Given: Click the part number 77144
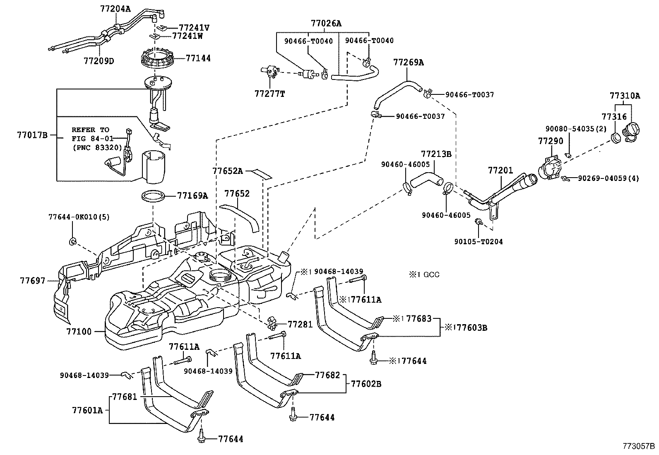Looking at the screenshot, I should pyautogui.click(x=198, y=58).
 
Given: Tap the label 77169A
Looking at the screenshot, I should pyautogui.click(x=192, y=195).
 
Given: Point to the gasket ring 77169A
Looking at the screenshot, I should pyautogui.click(x=155, y=195).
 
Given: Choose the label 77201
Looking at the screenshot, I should pyautogui.click(x=500, y=170).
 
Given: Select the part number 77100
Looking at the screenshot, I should pyautogui.click(x=79, y=332).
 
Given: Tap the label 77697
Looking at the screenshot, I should pyautogui.click(x=33, y=281).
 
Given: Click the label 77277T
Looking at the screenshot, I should pyautogui.click(x=270, y=94).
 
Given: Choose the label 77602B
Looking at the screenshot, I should pyautogui.click(x=366, y=384).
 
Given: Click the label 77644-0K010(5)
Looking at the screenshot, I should pyautogui.click(x=79, y=217).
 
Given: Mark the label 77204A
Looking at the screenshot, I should pyautogui.click(x=115, y=8).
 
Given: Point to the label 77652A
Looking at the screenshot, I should pyautogui.click(x=228, y=170).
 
